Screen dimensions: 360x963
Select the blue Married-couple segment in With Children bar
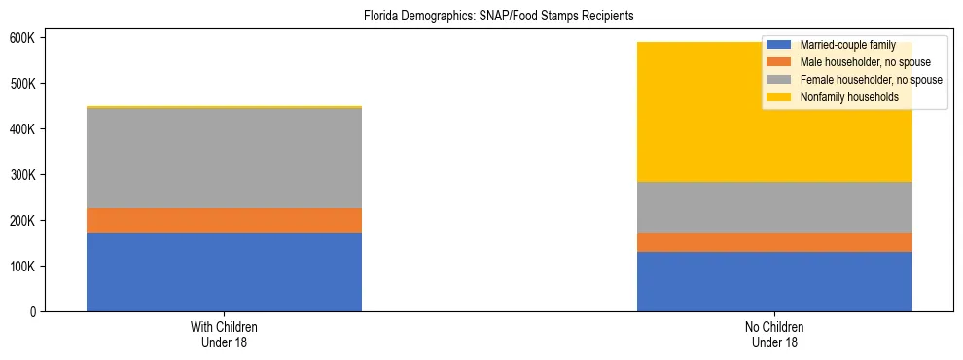click(224, 271)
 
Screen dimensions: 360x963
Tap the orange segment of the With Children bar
click(224, 220)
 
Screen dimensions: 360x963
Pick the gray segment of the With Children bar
click(224, 158)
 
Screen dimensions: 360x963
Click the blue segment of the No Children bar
click(774, 281)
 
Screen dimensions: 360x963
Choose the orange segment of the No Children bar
click(774, 242)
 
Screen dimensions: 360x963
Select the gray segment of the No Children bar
click(774, 206)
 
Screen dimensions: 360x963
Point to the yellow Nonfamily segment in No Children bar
click(774, 126)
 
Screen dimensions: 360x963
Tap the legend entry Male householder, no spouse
click(865, 63)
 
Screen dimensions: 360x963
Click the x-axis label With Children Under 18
click(224, 335)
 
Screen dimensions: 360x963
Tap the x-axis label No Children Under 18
click(774, 335)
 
